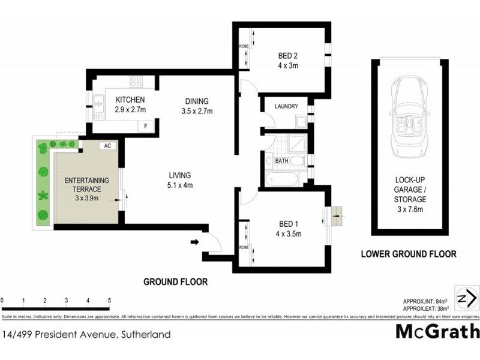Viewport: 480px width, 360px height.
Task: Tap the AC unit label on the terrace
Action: pyautogui.click(x=107, y=146)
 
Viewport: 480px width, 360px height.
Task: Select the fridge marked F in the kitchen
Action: pyautogui.click(x=144, y=126)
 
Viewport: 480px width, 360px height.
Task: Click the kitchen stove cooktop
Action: pyautogui.click(x=136, y=82)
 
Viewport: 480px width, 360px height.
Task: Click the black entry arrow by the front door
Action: pyautogui.click(x=194, y=242)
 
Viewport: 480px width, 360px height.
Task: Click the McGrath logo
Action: pyautogui.click(x=437, y=331)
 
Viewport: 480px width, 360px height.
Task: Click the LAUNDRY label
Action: pyautogui.click(x=286, y=106)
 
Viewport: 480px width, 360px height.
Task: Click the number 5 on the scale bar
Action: pyautogui.click(x=109, y=300)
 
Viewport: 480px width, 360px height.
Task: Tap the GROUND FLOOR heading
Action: pyautogui.click(x=175, y=281)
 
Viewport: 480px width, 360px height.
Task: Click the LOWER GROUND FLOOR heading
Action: pyautogui.click(x=408, y=254)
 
